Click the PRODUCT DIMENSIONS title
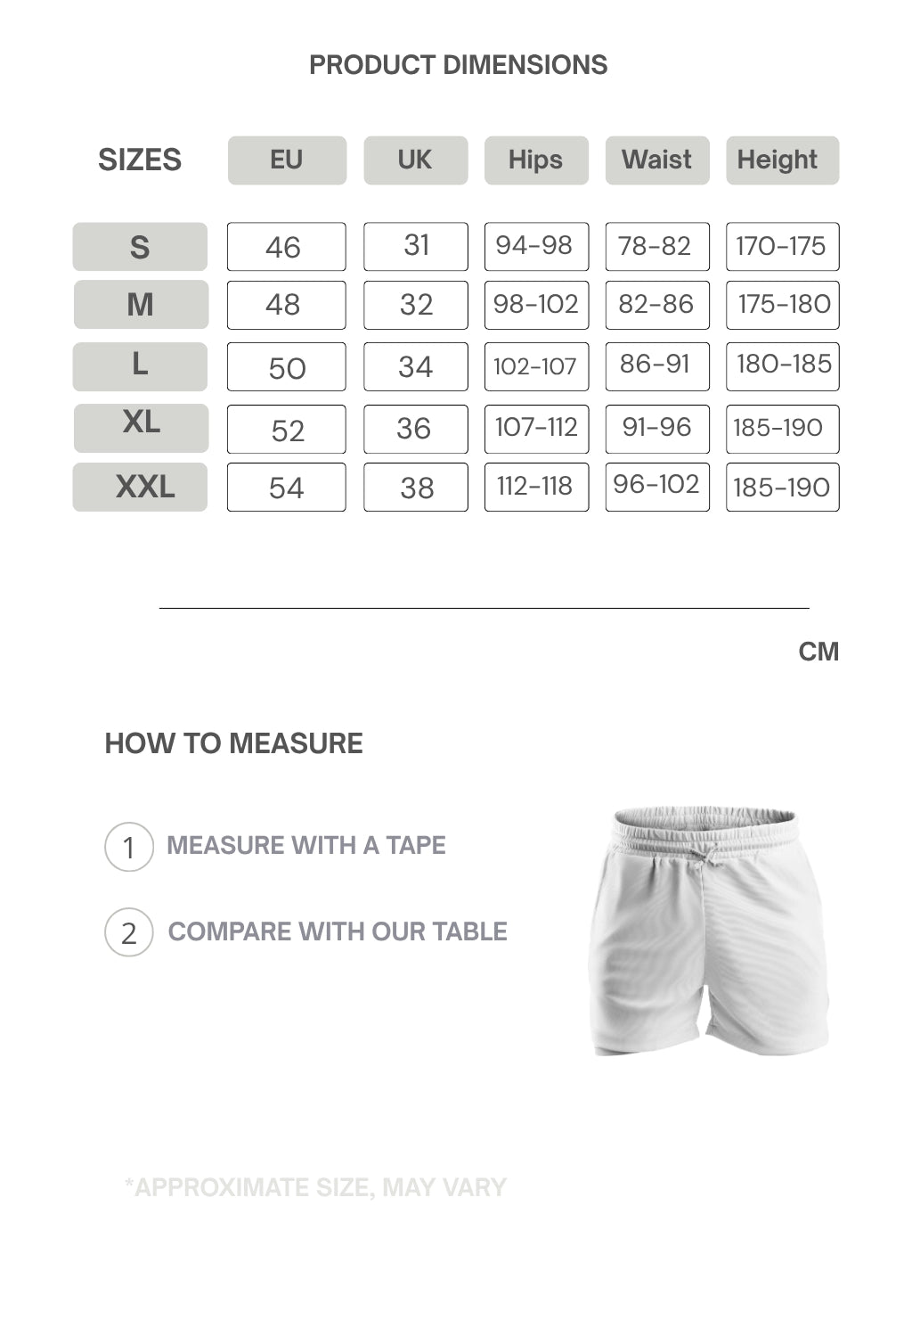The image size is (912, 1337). tap(458, 65)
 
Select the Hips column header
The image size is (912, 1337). tap(536, 160)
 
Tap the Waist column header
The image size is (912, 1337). tap(657, 160)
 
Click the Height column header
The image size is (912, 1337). tap(782, 160)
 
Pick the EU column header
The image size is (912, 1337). tap(287, 160)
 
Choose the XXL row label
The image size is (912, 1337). tap(140, 487)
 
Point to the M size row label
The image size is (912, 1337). tap(141, 305)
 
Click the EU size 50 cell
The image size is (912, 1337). tap(286, 366)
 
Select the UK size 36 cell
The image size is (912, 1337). tap(415, 429)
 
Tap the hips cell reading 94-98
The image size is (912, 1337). tap(536, 246)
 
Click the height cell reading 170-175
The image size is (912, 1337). tap(782, 246)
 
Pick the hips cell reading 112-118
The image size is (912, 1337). tap(536, 487)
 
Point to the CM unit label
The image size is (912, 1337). tap(818, 652)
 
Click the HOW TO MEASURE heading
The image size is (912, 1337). tap(233, 743)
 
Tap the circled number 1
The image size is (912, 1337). tap(129, 847)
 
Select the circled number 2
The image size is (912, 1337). tap(129, 932)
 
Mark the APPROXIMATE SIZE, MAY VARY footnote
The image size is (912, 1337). tap(315, 1187)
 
